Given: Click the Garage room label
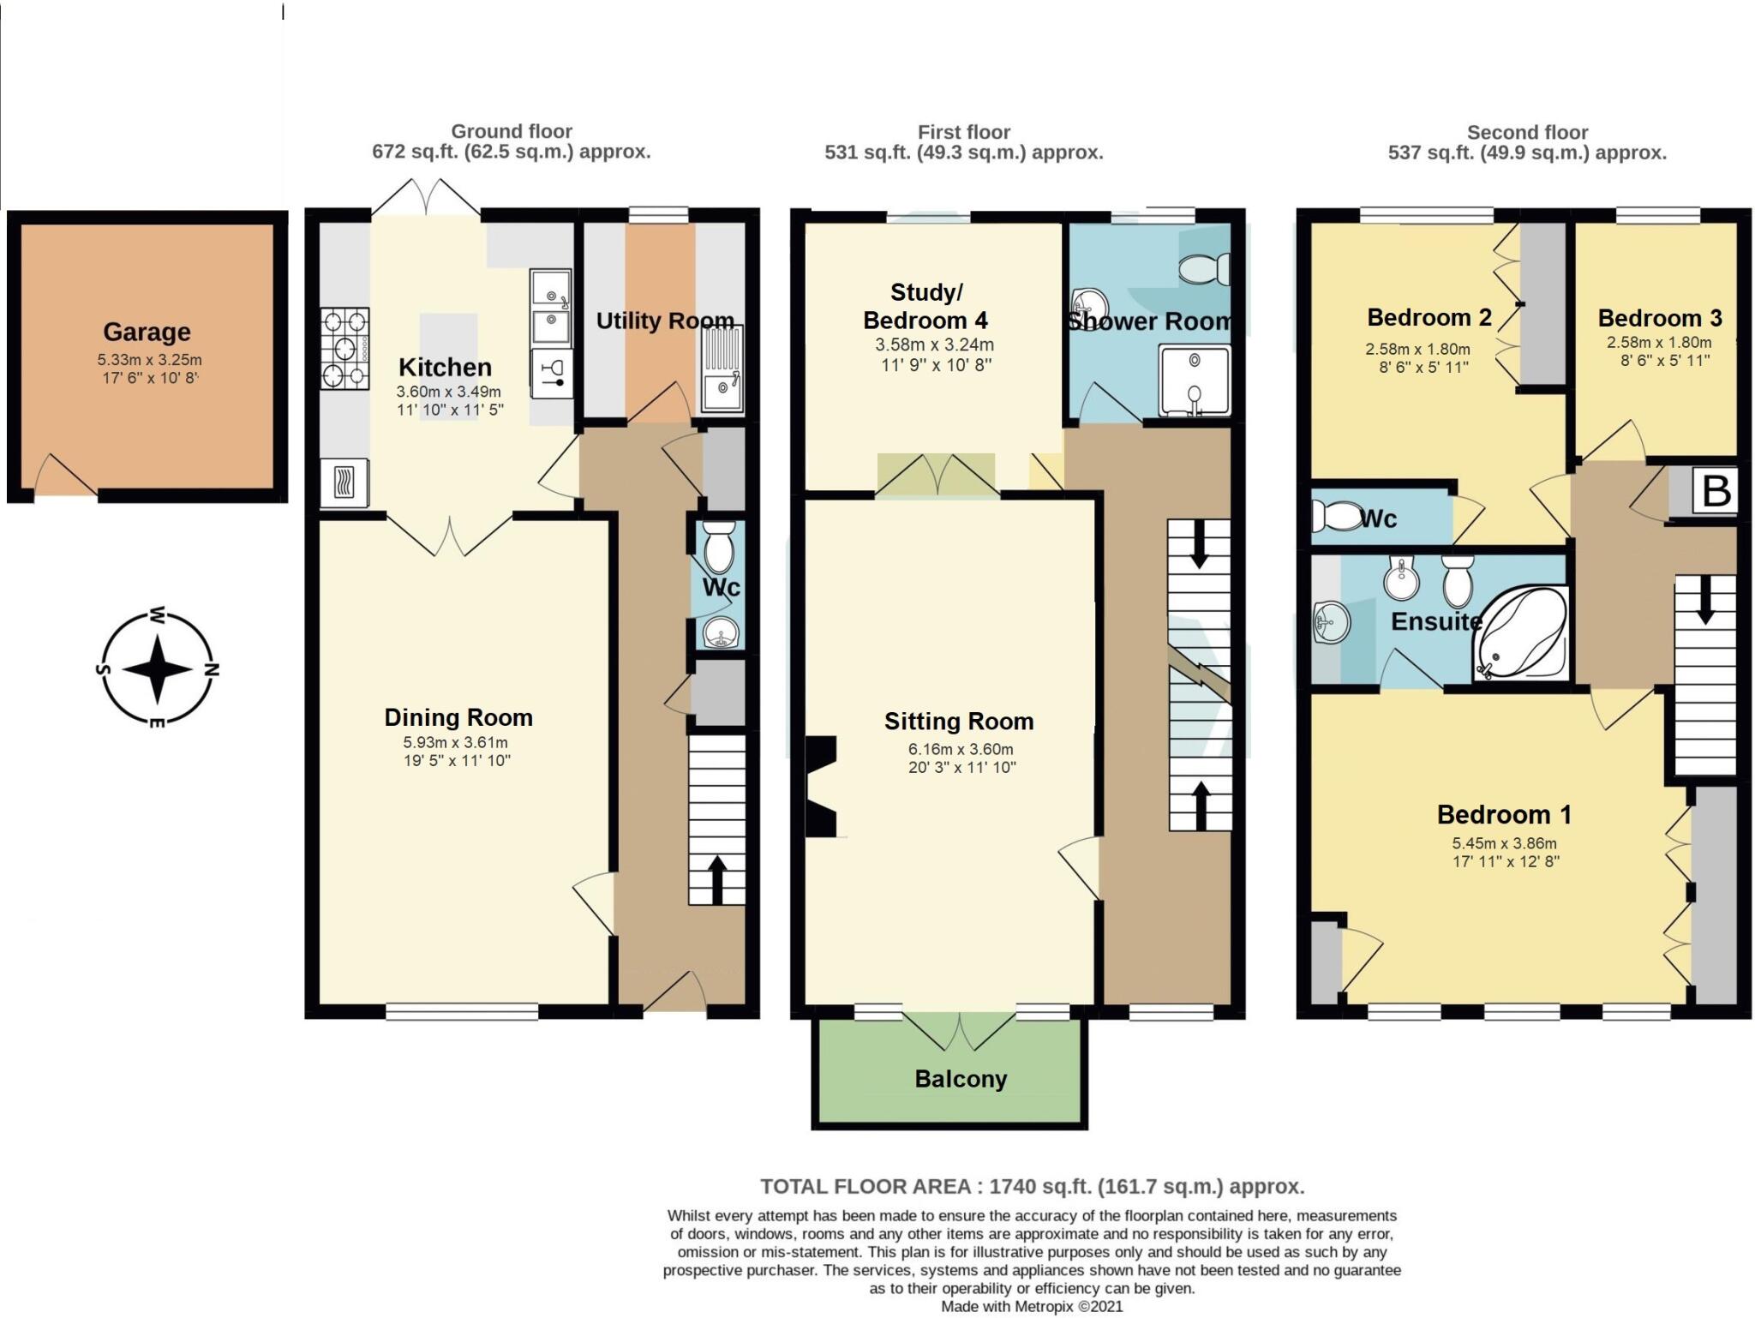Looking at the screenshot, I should pos(147,332).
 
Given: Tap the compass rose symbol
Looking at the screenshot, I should pos(157,669).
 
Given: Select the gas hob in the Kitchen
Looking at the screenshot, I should pos(344,348).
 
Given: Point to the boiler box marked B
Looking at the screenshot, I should pos(1716,491).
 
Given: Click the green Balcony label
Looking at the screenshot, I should pos(960,1079).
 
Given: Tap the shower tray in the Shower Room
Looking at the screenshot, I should pos(1194,380).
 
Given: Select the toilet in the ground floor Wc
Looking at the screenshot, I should pos(718,547).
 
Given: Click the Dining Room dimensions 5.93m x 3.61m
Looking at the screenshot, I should pos(456,742).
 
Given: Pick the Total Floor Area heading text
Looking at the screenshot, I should pos(1032,1186).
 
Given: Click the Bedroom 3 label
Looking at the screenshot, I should pos(1659,318).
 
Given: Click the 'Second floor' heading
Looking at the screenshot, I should pos(1527,132).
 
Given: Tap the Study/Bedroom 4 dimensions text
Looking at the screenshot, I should pos(933,354).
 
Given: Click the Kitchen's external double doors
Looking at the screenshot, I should pos(426,198).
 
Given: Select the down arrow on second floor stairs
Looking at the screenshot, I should pos(1704,600).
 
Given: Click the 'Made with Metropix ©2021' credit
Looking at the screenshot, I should pos(1032,1307).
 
